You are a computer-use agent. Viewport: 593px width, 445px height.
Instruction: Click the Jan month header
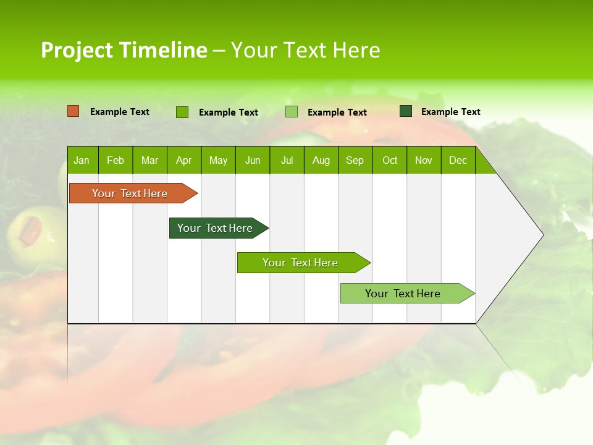82,161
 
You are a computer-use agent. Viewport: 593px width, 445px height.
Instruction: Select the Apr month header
183,161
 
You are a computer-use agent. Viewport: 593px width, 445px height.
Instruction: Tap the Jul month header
287,161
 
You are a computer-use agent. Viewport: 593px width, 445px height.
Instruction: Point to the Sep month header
355,161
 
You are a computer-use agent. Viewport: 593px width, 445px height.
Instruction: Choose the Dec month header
458,161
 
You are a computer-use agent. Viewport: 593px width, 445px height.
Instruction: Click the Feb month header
116,161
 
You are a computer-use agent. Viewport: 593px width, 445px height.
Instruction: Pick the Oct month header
389,161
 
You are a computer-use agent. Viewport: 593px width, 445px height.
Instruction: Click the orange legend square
73,111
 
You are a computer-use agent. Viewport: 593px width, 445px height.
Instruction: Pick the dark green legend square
406,111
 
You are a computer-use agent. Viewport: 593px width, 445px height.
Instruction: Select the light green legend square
292,112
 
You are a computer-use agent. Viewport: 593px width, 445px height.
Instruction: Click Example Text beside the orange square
120,112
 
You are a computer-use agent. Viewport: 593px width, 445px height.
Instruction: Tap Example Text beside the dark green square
450,112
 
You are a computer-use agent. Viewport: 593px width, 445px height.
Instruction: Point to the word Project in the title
77,50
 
